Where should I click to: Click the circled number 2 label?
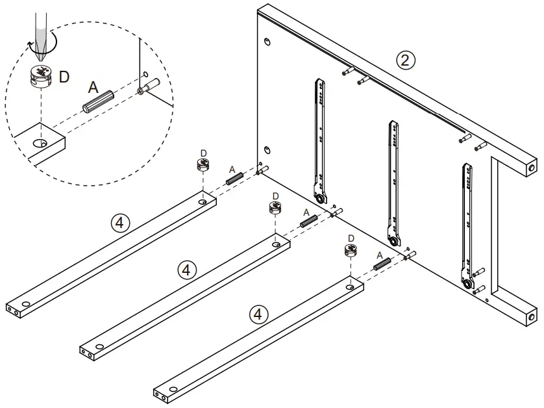click(x=405, y=61)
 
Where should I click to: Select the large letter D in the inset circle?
click(x=64, y=77)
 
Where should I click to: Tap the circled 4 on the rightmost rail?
click(x=258, y=314)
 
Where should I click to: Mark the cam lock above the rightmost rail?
click(x=351, y=250)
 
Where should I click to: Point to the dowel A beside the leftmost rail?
click(x=234, y=176)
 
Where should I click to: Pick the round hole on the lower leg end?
click(x=531, y=317)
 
